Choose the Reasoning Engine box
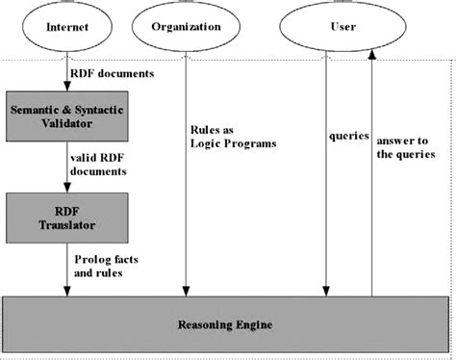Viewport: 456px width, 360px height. (x=228, y=324)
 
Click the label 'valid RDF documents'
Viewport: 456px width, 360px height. (x=97, y=165)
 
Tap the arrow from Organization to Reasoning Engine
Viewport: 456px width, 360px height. (x=183, y=193)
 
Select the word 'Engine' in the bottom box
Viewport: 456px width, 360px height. (x=252, y=324)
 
